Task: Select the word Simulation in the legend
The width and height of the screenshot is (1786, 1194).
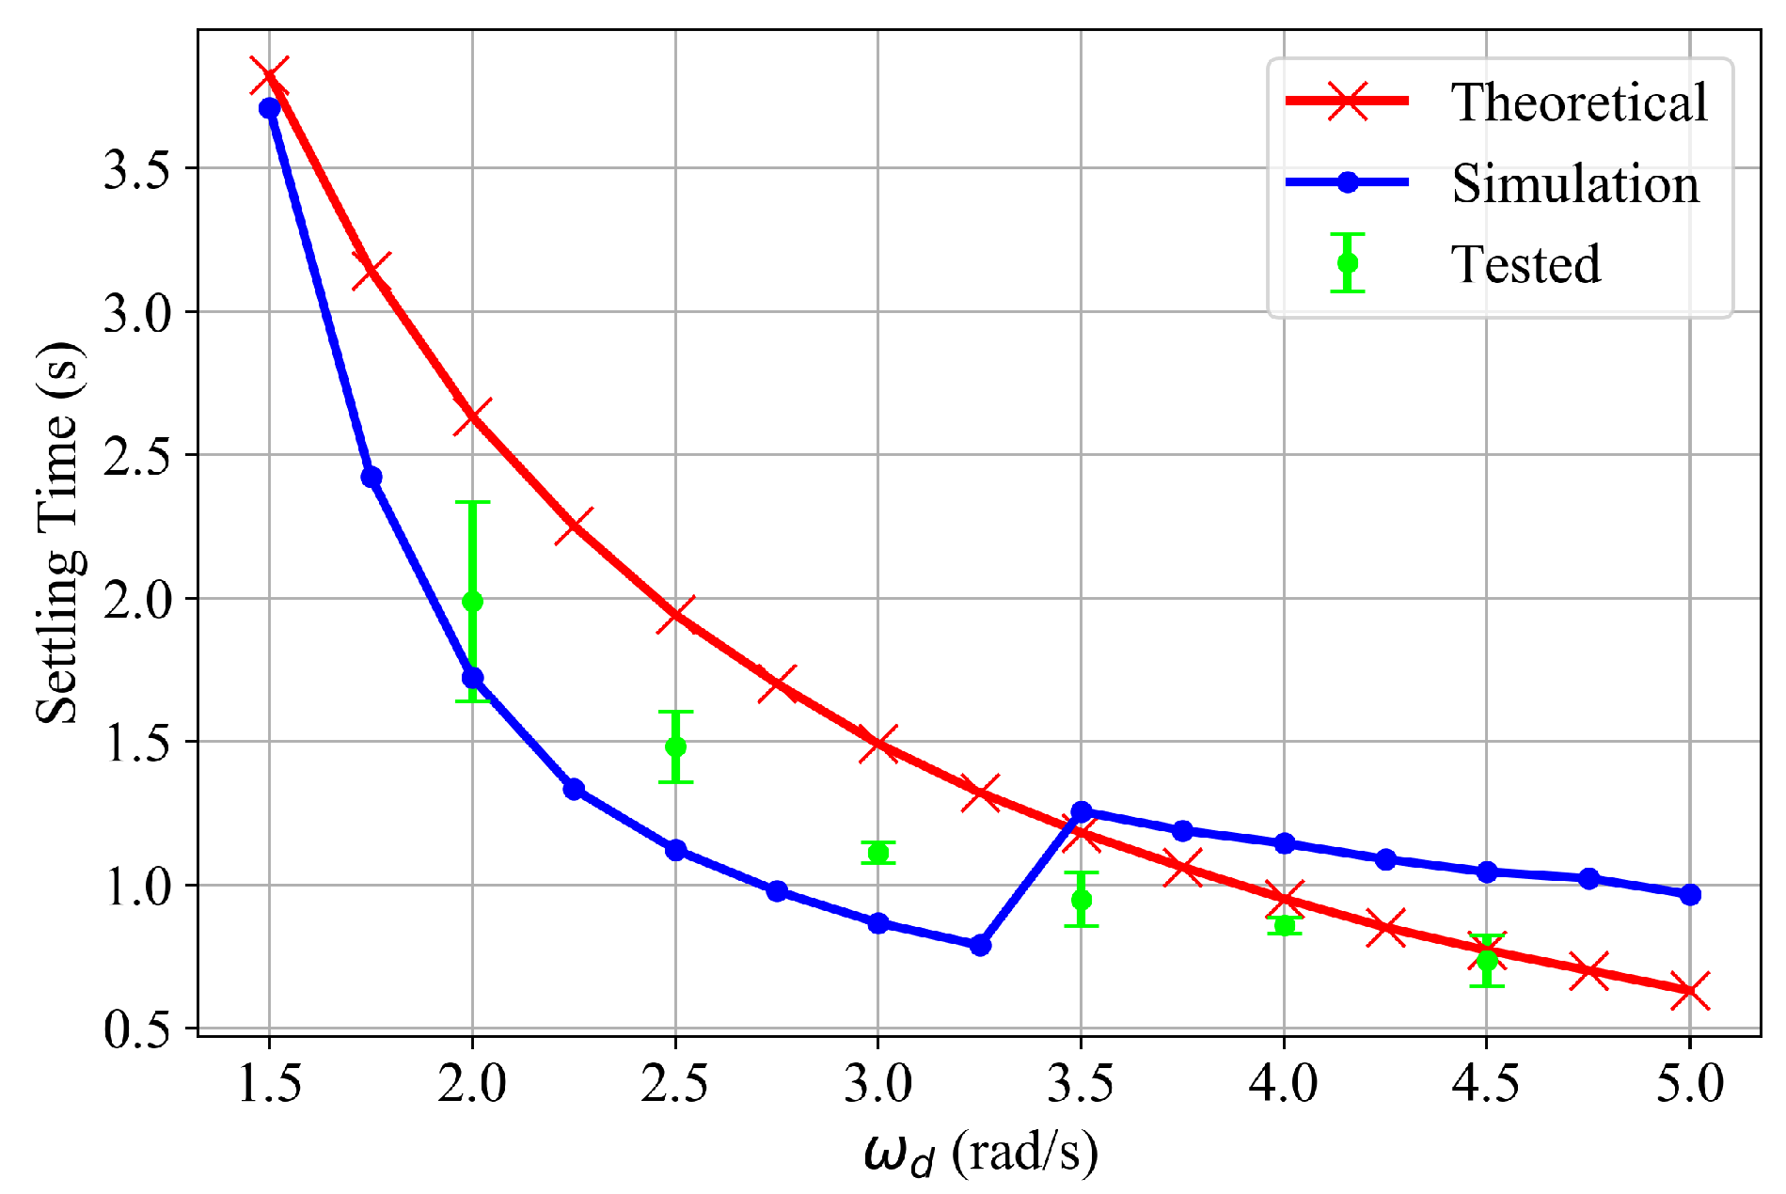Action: click(x=1575, y=183)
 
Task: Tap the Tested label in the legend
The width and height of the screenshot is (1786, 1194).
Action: click(x=1525, y=264)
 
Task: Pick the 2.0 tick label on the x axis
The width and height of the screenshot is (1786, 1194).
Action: click(x=472, y=1084)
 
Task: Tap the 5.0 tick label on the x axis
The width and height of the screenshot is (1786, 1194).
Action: click(x=1689, y=1084)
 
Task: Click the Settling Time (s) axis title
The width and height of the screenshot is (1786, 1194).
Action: click(x=58, y=533)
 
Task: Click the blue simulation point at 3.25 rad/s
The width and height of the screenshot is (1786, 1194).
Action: click(x=980, y=945)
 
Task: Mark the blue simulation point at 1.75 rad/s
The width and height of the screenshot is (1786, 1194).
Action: click(x=371, y=477)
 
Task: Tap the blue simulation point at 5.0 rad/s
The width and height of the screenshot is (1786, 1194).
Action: click(x=1690, y=894)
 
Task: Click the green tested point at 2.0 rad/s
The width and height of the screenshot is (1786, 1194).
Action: click(x=472, y=601)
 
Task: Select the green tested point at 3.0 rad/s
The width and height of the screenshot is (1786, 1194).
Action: click(x=878, y=853)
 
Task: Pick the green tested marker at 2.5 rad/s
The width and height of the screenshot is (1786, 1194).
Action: click(x=675, y=746)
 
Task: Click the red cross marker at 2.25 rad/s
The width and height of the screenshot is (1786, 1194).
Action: click(x=574, y=526)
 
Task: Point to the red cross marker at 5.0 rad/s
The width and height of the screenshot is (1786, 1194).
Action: click(x=1690, y=991)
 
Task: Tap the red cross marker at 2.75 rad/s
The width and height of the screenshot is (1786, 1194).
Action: click(x=777, y=683)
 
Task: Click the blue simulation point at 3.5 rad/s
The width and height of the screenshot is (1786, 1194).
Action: click(x=1082, y=811)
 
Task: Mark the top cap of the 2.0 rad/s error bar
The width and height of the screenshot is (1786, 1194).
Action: click(x=472, y=502)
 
